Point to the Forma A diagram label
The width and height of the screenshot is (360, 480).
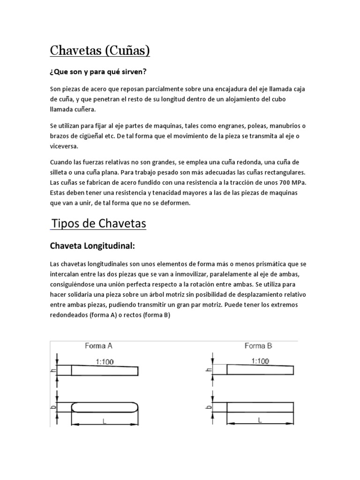point(98,346)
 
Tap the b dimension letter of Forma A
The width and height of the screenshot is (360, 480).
point(53,407)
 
